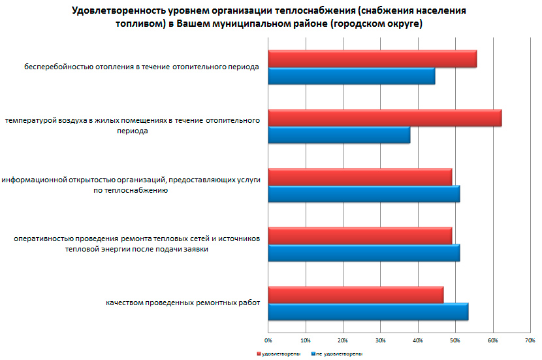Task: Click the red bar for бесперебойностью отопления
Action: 372,59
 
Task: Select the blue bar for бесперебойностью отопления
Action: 351,76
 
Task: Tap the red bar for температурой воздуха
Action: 385,118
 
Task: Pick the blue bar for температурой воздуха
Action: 339,135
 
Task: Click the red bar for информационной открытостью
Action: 360,177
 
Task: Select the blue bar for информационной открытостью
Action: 364,194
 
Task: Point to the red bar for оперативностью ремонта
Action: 360,236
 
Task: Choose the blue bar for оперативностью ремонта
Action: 364,253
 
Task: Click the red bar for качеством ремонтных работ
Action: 356,295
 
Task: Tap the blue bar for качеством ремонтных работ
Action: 368,312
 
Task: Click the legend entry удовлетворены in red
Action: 279,353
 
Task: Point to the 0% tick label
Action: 268,340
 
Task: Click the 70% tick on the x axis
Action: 530,340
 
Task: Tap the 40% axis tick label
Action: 417,340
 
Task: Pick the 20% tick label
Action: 343,340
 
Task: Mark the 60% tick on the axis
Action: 492,340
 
